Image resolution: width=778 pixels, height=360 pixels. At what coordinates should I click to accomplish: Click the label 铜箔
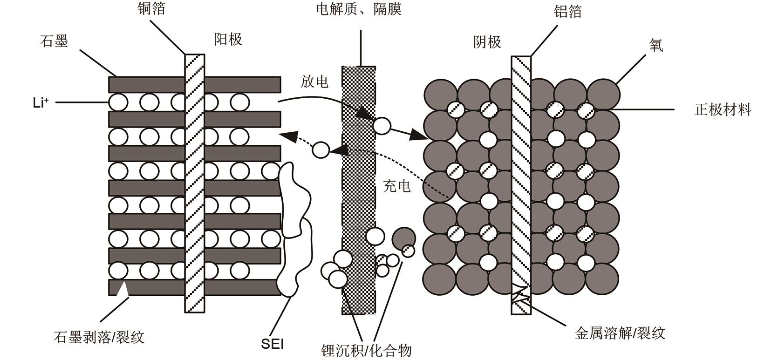[151, 8]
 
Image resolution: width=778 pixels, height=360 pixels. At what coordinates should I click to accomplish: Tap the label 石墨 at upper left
[54, 41]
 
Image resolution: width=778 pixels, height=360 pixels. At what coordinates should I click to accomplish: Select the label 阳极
[228, 39]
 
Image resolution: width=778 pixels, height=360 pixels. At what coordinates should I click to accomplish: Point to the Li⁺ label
[41, 103]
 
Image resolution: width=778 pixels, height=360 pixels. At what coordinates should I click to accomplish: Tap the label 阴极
[487, 42]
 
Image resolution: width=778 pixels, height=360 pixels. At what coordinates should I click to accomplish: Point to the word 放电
[314, 82]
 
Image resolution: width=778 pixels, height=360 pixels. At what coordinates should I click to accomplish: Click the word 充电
[396, 186]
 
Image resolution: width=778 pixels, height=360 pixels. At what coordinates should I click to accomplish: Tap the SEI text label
[272, 344]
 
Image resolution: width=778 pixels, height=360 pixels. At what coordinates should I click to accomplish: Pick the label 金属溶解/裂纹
[620, 333]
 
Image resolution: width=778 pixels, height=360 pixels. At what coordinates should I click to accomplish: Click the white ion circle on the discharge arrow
[382, 126]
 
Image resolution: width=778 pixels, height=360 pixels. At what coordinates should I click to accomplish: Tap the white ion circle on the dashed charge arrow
[321, 150]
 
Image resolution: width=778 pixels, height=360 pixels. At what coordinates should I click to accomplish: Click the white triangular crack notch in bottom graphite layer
[122, 289]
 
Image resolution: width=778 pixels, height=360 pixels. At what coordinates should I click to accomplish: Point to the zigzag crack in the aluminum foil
[521, 293]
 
